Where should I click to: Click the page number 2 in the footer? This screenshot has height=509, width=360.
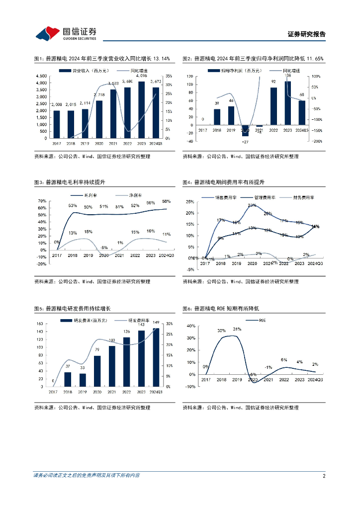pyautogui.click(x=324, y=476)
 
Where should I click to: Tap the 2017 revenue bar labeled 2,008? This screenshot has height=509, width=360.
pyautogui.click(x=57, y=124)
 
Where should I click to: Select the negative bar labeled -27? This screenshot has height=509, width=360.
pyautogui.click(x=245, y=130)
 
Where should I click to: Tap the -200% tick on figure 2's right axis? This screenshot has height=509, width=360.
pyautogui.click(x=316, y=141)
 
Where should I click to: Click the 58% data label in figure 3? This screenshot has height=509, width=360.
pyautogui.click(x=166, y=201)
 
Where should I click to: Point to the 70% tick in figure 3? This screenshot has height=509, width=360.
pyautogui.click(x=42, y=201)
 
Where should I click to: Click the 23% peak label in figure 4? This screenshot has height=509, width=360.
pyautogui.click(x=252, y=205)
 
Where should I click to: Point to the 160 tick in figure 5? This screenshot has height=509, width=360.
pyautogui.click(x=41, y=324)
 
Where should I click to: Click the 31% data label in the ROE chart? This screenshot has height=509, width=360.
pyautogui.click(x=237, y=329)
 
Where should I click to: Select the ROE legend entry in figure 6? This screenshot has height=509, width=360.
pyautogui.click(x=260, y=321)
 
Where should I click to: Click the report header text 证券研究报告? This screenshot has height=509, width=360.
pyautogui.click(x=306, y=34)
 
